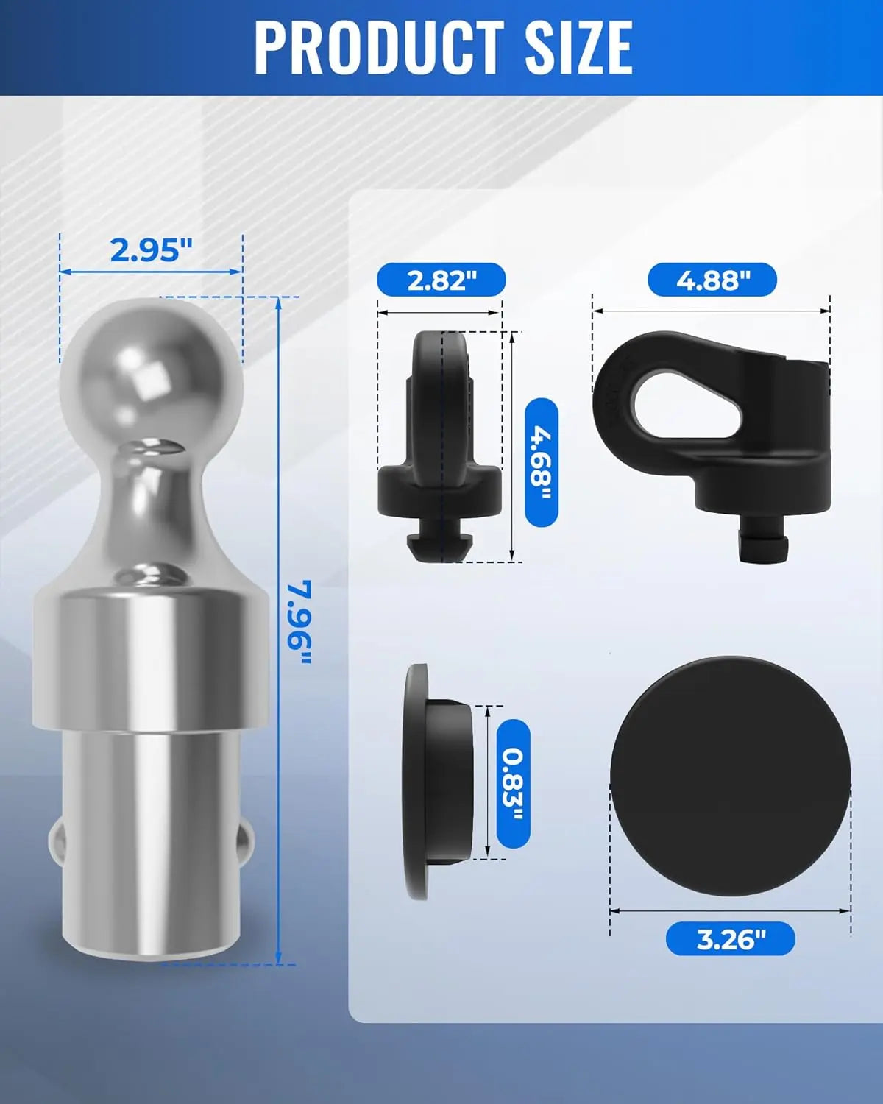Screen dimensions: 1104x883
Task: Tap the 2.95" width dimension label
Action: click(x=151, y=250)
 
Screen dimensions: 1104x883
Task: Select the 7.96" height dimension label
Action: click(x=299, y=622)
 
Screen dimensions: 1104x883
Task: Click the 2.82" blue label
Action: click(x=441, y=280)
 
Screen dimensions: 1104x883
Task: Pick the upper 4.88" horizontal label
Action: click(x=712, y=280)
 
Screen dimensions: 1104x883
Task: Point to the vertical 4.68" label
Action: click(x=542, y=461)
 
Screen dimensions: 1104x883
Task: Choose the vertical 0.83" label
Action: click(x=513, y=784)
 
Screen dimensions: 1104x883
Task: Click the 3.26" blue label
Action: click(x=730, y=939)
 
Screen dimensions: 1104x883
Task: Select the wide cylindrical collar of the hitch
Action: click(x=150, y=655)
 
